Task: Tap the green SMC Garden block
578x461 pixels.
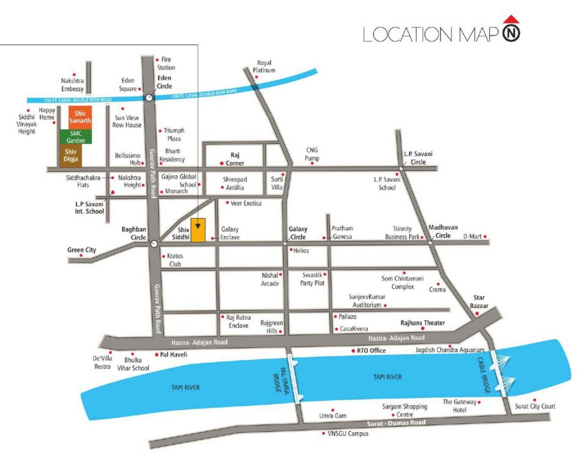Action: point(76,137)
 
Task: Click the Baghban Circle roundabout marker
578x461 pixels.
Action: point(154,243)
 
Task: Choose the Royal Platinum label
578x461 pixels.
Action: point(265,66)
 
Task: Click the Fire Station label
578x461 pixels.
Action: point(166,64)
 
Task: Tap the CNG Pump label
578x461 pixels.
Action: point(312,154)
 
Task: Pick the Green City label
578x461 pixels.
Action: point(82,250)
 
